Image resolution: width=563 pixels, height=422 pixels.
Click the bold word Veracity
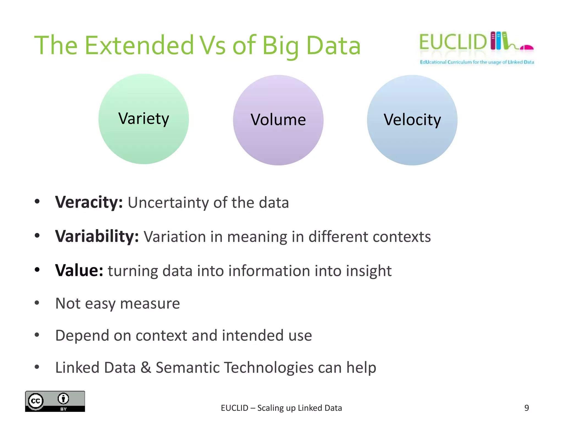pyautogui.click(x=89, y=202)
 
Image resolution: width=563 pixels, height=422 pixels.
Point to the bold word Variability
pyautogui.click(x=97, y=236)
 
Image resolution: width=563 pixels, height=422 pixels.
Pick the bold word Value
pyautogui.click(x=79, y=271)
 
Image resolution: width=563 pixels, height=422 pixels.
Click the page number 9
pyautogui.click(x=526, y=408)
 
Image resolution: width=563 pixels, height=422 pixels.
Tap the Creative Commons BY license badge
pyautogui.click(x=55, y=401)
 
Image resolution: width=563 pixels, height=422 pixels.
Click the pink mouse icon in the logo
pyautogui.click(x=526, y=48)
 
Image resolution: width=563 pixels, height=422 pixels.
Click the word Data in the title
pyautogui.click(x=333, y=46)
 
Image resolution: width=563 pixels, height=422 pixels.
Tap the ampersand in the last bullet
pyautogui.click(x=146, y=368)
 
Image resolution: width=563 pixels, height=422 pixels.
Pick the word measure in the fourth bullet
pyautogui.click(x=150, y=304)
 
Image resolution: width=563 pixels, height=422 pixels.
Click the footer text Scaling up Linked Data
pyautogui.click(x=300, y=408)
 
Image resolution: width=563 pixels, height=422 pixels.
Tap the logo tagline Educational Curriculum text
pyautogui.click(x=477, y=62)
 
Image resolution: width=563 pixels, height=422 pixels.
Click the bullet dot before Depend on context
pyautogui.click(x=37, y=335)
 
